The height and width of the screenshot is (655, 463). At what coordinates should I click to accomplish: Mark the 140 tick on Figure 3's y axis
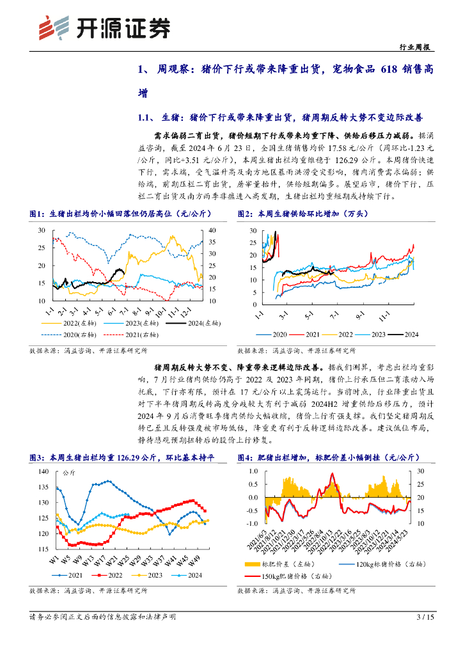tap(43, 471)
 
